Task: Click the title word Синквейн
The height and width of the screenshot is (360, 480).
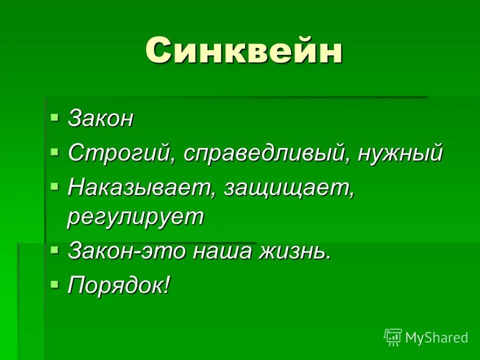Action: (244, 50)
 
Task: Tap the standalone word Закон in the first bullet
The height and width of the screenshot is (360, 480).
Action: (101, 119)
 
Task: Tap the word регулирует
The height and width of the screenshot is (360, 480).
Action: (136, 217)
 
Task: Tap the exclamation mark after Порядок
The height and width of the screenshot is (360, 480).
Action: (166, 285)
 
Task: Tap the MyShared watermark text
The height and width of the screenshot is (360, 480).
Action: (436, 337)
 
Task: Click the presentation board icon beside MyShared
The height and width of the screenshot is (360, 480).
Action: (393, 337)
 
